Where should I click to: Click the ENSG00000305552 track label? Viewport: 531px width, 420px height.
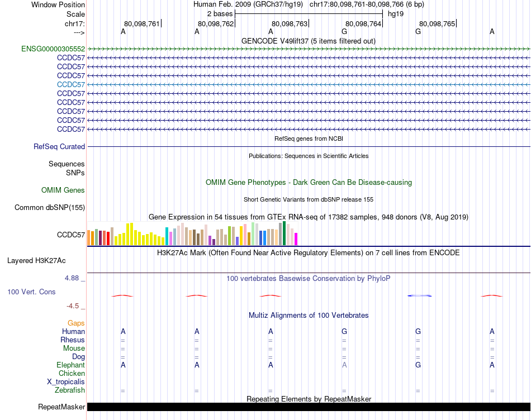(53, 49)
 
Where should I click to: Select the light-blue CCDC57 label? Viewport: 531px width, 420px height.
(71, 84)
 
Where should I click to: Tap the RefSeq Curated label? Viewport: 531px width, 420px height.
(59, 147)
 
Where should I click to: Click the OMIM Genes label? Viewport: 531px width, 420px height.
(63, 190)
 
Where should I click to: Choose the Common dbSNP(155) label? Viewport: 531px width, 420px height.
(50, 208)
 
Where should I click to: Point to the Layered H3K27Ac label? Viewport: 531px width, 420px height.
(36, 260)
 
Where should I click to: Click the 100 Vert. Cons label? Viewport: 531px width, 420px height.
(32, 292)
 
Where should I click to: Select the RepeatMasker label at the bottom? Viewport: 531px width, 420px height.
(61, 407)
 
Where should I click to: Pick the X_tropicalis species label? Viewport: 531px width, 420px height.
(66, 382)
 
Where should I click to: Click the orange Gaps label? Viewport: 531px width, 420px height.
(76, 323)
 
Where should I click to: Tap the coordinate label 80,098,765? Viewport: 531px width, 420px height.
(437, 24)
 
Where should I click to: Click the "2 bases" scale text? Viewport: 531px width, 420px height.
(220, 13)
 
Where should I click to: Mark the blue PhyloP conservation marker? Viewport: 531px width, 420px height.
(420, 295)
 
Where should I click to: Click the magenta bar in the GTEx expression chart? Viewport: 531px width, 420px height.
(296, 238)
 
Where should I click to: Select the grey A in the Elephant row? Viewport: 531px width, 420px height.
(344, 365)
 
